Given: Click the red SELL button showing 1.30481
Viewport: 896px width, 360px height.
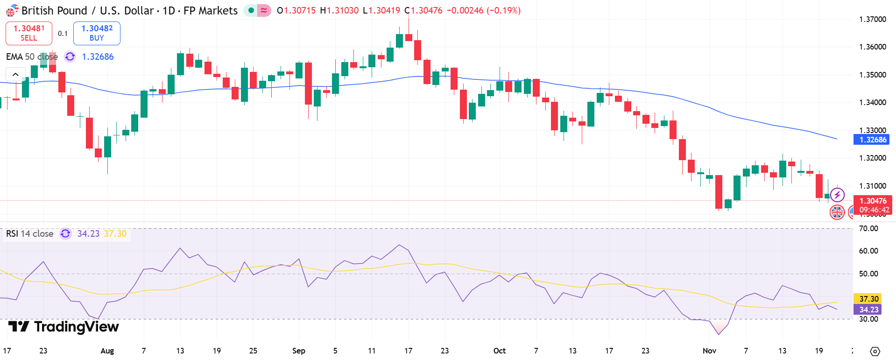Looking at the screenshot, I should pos(28,33).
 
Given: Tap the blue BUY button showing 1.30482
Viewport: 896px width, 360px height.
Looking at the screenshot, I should pos(97,33).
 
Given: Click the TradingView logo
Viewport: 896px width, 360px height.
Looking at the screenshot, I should pos(64,326).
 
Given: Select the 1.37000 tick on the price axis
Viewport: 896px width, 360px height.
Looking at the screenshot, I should pos(872,19).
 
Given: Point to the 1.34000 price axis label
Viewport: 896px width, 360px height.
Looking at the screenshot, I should pos(872,102).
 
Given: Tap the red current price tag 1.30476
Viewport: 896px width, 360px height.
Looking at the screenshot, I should pos(872,201).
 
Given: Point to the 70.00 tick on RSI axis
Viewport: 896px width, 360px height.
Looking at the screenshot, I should pos(868,228).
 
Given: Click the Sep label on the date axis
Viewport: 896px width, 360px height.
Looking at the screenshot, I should pos(299,351).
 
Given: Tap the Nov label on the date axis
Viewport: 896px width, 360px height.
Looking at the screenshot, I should pos(709,351).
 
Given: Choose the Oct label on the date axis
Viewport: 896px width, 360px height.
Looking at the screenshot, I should pos(499,351).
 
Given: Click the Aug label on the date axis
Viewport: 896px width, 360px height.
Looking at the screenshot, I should pos(107,351).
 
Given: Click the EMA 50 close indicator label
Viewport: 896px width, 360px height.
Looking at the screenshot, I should pos(32,56).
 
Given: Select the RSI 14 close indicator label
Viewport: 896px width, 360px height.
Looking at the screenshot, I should pos(29,233).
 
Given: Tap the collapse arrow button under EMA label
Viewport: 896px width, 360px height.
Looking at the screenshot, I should pos(15,74).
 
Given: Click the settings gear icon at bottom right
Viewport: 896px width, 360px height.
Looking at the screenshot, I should pos(875,351).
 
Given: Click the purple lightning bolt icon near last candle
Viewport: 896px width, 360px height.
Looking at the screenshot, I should pos(837,195).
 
